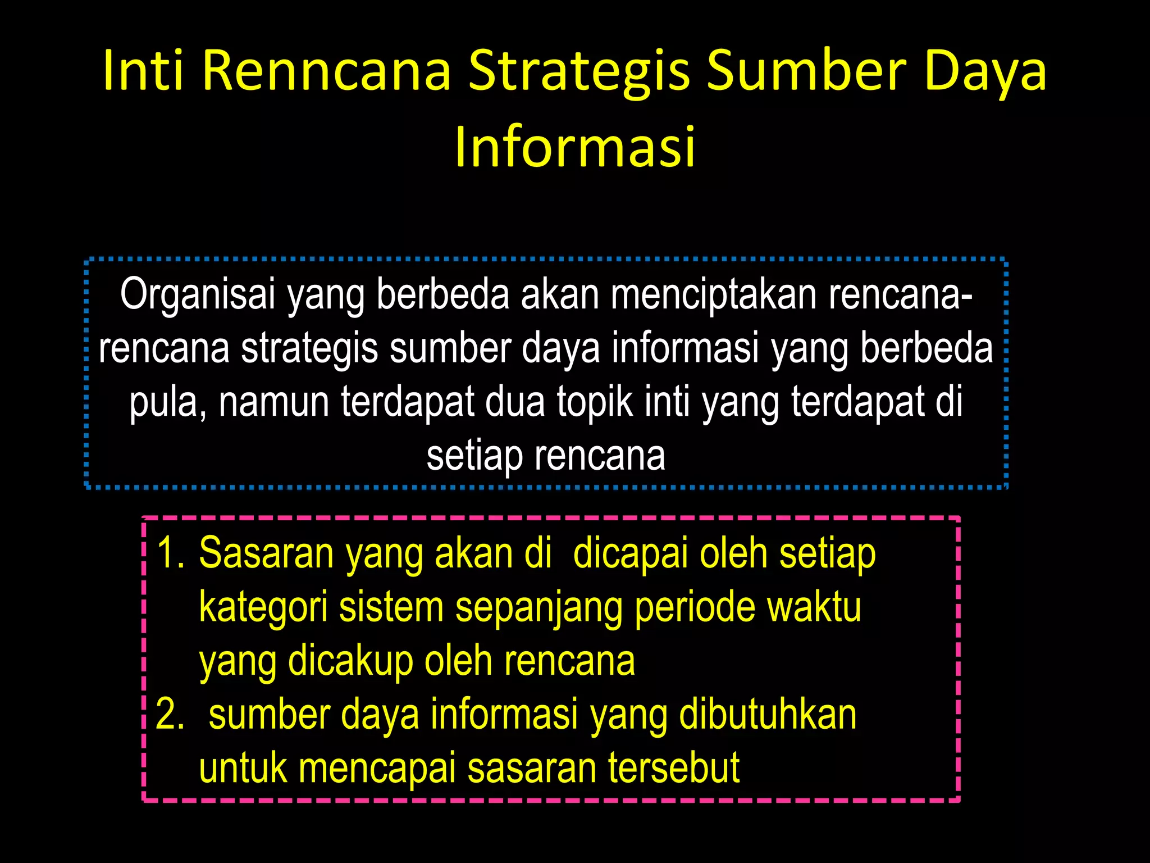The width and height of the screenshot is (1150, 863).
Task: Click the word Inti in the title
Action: (143, 71)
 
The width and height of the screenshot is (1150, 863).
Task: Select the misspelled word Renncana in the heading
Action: (326, 71)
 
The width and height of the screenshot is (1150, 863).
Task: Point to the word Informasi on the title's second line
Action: (575, 147)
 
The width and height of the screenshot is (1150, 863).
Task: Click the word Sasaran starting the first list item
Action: (267, 553)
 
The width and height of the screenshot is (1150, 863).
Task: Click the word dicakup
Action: (350, 661)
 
